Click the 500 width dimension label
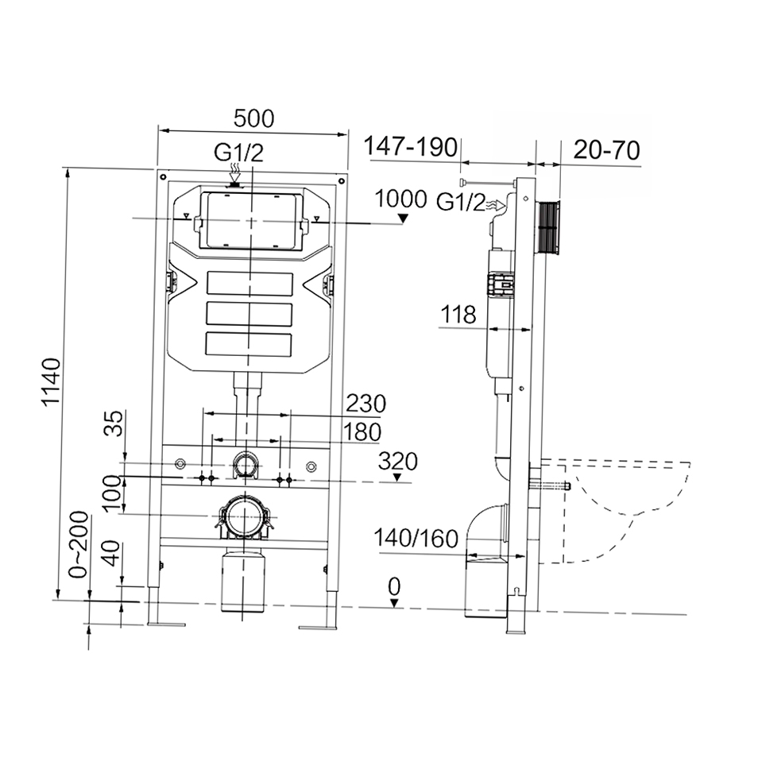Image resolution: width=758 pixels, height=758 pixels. tap(253, 118)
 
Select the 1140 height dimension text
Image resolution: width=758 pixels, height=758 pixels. tap(51, 382)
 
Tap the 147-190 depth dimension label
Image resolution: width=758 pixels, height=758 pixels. tap(411, 146)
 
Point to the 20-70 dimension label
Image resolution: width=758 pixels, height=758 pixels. tap(607, 150)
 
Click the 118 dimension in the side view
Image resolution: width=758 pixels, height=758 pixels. tap(458, 315)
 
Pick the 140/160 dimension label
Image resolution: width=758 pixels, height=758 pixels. tap(416, 538)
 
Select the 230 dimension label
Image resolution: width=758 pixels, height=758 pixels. tap(366, 404)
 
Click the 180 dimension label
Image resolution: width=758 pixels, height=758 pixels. tap(362, 431)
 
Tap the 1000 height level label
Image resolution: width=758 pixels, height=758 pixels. tap(400, 199)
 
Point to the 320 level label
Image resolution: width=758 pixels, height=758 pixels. tap(397, 462)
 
